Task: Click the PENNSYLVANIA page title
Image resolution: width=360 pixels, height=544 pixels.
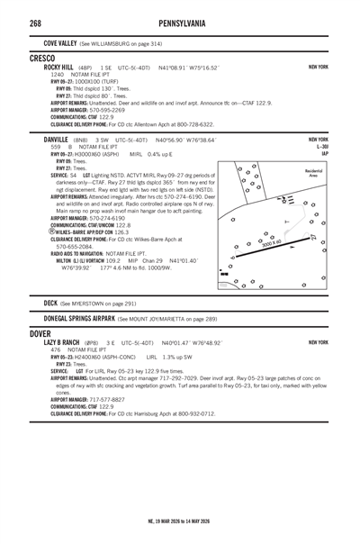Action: (181, 21)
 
